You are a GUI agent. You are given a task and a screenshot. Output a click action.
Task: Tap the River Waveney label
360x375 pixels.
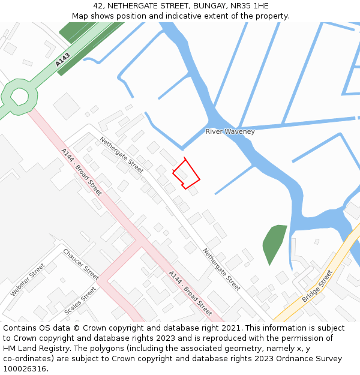[230, 131]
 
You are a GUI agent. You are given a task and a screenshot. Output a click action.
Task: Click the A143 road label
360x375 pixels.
[62, 59]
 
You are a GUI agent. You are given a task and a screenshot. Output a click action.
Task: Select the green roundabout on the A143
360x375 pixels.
[19, 95]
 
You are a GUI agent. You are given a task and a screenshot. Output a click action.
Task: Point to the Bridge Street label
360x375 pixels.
[317, 286]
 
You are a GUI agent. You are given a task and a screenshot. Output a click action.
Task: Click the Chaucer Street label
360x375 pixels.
[80, 264]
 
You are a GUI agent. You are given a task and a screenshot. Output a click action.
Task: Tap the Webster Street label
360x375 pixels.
[28, 280]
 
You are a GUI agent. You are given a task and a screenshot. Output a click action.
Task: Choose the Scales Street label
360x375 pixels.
[80, 301]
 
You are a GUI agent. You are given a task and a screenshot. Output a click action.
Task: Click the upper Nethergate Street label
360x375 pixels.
[121, 155]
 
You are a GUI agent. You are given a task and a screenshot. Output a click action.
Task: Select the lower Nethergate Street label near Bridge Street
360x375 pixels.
[221, 269]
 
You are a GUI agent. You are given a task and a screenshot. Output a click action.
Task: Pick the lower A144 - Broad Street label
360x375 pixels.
[190, 293]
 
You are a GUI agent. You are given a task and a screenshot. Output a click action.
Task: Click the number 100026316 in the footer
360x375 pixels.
[24, 369]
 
